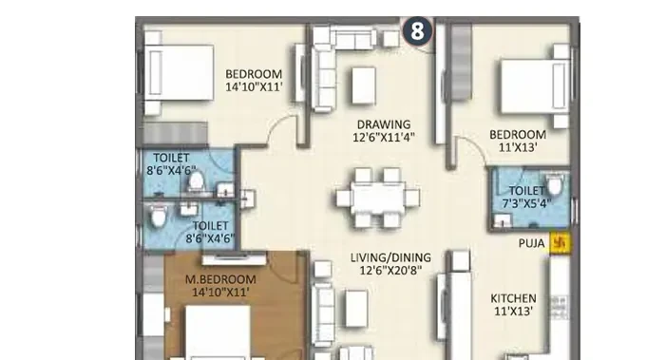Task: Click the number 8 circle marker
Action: point(417,31)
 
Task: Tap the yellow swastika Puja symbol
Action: point(560,243)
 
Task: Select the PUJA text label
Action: point(531,243)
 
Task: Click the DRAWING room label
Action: point(384,124)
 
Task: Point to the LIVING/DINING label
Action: point(390,257)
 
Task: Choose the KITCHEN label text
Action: point(513,298)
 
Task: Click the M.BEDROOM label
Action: point(220,279)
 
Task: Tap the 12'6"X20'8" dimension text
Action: point(390,271)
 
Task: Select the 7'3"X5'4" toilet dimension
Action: point(526,204)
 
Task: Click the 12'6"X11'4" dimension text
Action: point(384,138)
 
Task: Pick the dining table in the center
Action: point(377,199)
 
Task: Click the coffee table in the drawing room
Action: point(364,85)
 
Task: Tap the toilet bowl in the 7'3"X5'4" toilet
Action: point(554,184)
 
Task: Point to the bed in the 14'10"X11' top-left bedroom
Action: point(179,72)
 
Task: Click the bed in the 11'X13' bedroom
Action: point(535,86)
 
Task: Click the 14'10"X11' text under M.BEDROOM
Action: point(220,292)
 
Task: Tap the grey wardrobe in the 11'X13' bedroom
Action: point(462,62)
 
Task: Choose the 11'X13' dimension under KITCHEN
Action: point(513,312)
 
